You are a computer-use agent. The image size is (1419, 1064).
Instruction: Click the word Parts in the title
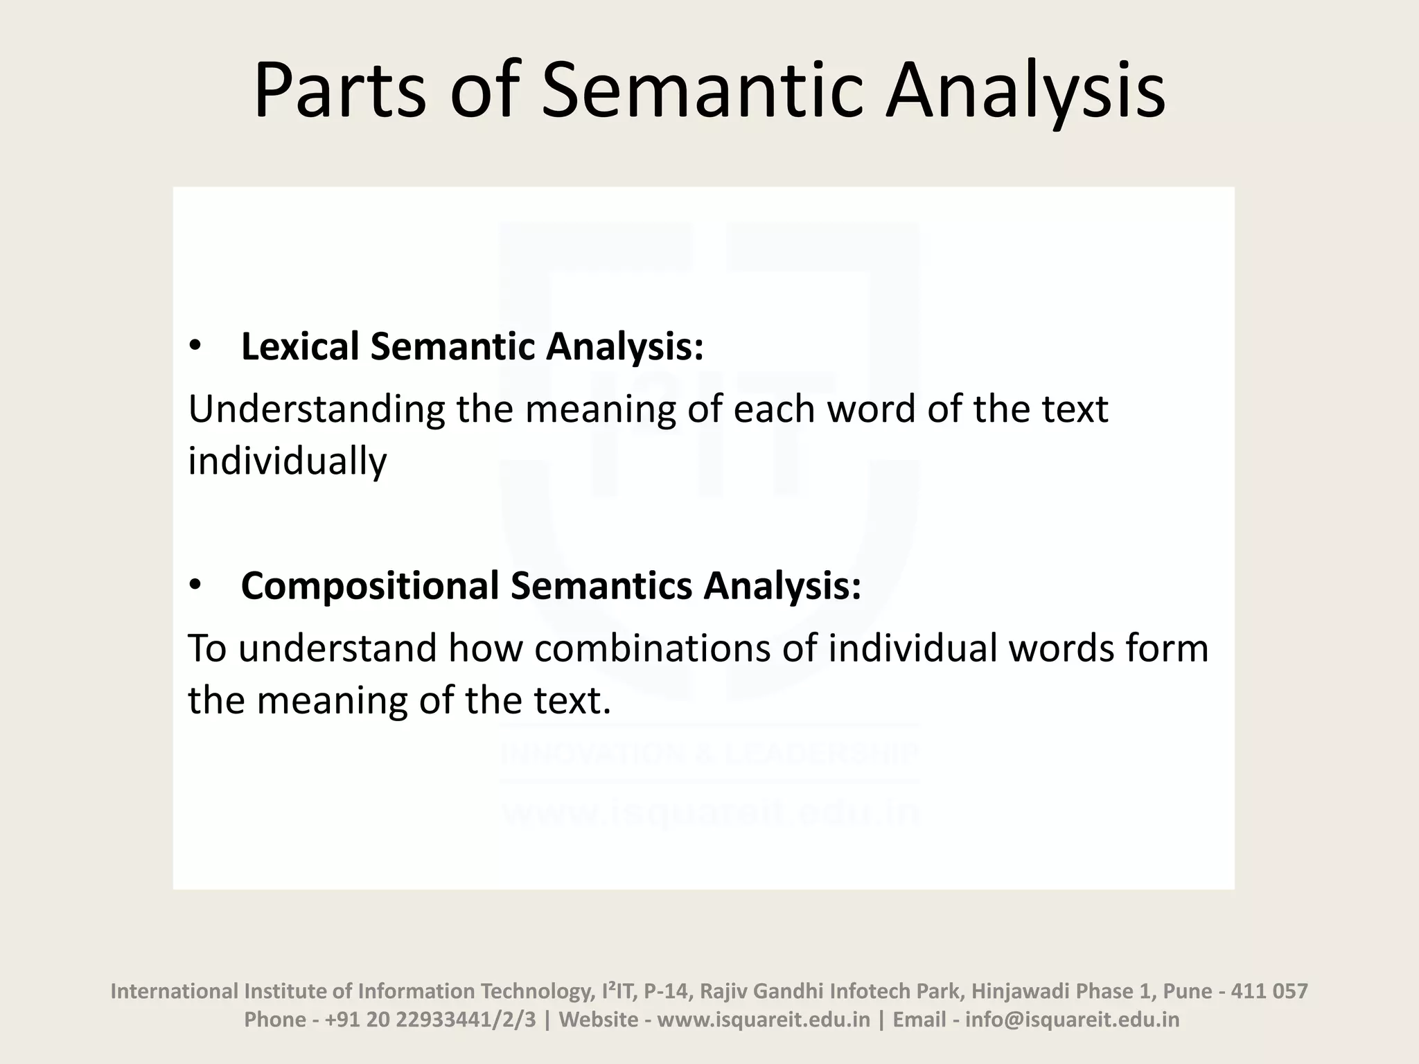tap(340, 91)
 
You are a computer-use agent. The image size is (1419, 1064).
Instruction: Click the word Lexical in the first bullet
tap(300, 346)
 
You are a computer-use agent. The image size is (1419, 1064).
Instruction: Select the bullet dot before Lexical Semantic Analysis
tap(195, 346)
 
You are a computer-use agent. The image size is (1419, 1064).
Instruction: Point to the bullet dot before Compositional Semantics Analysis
tap(195, 586)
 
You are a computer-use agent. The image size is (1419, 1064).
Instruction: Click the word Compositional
tap(370, 586)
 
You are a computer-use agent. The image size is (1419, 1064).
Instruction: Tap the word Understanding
tap(317, 409)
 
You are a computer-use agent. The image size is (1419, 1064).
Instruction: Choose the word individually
tap(288, 461)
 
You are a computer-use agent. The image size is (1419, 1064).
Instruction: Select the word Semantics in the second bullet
tap(601, 586)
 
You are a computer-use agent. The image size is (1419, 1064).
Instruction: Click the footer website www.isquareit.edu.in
tap(763, 1020)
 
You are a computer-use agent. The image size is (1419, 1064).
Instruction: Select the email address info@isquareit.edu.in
tap(1072, 1020)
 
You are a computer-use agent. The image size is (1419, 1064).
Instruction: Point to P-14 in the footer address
tap(667, 991)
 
